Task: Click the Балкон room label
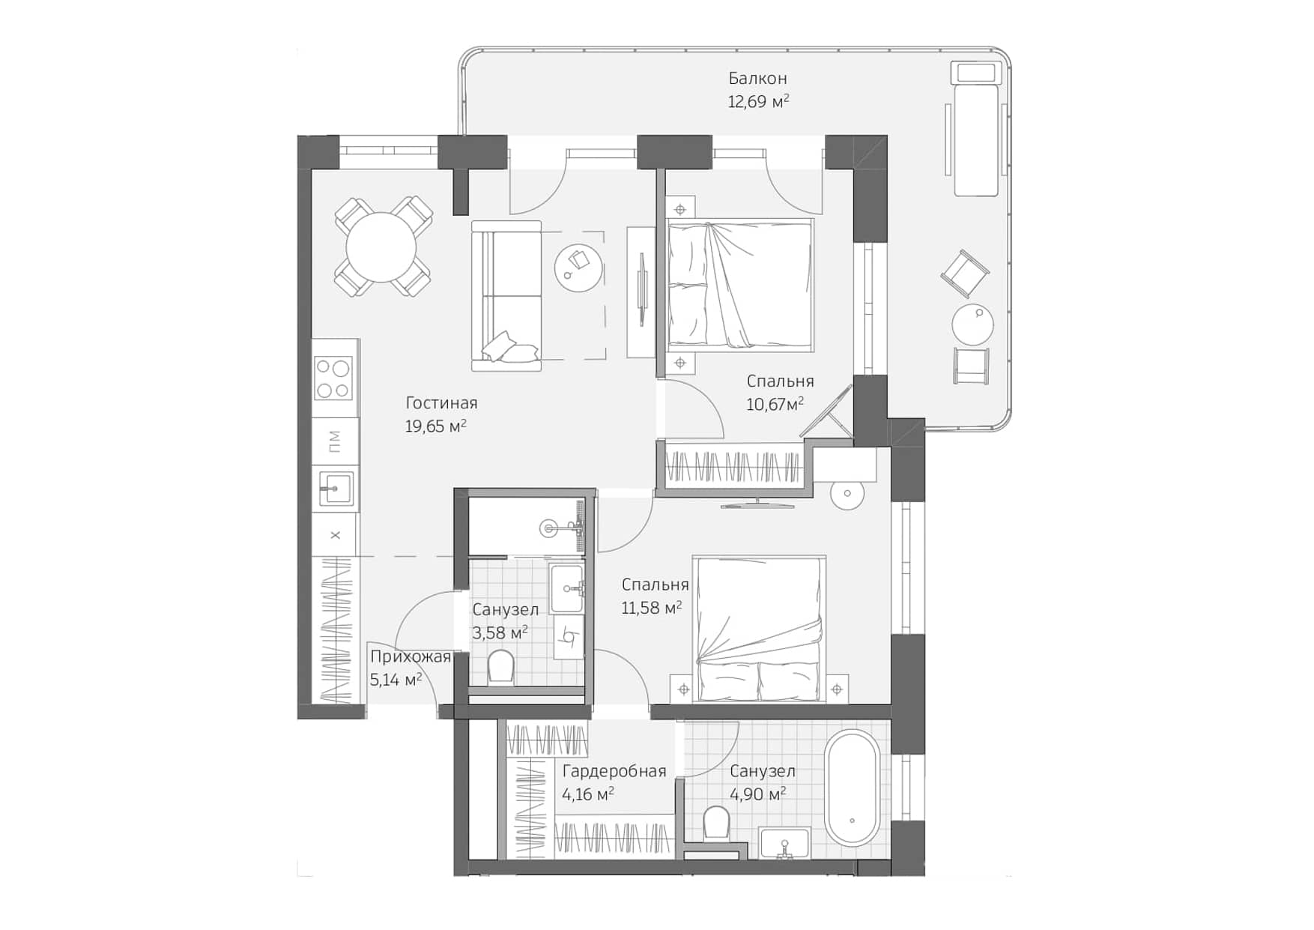(x=757, y=78)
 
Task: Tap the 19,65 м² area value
(x=435, y=426)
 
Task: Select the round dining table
(x=381, y=247)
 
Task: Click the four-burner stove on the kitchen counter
(x=333, y=378)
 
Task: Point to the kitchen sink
(x=335, y=489)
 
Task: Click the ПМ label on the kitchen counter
(x=335, y=441)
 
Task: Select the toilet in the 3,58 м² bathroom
(x=500, y=667)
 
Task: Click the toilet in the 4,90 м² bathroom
(x=716, y=824)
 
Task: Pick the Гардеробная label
(x=614, y=771)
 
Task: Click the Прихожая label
(x=410, y=657)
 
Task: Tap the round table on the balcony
(x=972, y=325)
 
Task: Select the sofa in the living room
(x=507, y=295)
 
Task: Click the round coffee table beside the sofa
(x=578, y=268)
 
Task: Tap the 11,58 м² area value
(x=651, y=608)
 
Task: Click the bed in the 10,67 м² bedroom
(x=739, y=285)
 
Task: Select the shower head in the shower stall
(x=551, y=529)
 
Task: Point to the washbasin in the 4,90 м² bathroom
(x=784, y=844)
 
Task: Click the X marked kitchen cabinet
(x=335, y=535)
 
